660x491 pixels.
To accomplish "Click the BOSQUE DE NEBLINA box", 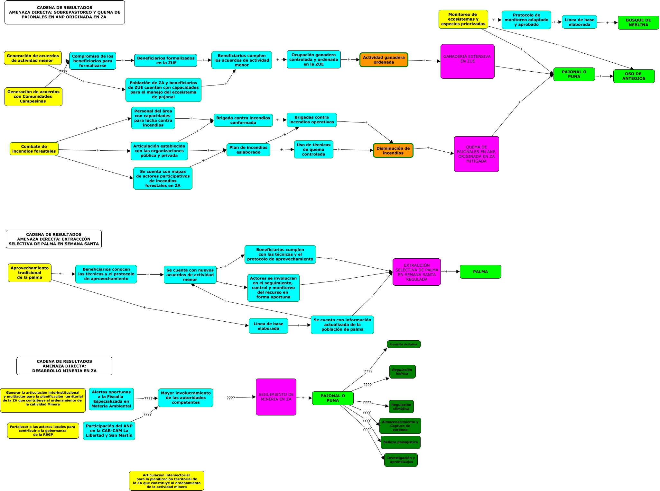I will click(638, 22).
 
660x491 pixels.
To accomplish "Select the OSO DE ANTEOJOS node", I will click(634, 76).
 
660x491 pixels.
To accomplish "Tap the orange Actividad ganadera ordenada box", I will click(384, 60).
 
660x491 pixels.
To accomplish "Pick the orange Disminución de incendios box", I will click(393, 150).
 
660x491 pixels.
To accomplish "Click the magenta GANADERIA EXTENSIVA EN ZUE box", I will click(467, 61).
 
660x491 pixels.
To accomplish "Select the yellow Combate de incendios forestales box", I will click(34, 149).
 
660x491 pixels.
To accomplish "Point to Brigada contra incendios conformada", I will click(243, 120).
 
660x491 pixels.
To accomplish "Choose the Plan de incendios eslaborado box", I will click(248, 150).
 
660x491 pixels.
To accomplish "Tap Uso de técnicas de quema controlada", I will click(313, 149).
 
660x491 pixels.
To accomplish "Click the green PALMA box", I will click(480, 272).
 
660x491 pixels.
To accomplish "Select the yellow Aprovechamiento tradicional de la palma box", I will click(30, 273).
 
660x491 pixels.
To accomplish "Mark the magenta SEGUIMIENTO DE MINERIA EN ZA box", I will click(276, 397).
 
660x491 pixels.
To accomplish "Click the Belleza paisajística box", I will click(400, 442).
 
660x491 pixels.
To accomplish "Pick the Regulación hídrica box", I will click(402, 371).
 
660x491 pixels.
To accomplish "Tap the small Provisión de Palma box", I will click(404, 344).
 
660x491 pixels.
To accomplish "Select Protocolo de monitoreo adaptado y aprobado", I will click(526, 20).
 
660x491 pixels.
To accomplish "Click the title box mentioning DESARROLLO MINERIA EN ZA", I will click(64, 366).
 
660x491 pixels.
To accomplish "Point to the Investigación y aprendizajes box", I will click(401, 460).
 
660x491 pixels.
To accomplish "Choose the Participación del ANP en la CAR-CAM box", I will click(109, 431).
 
